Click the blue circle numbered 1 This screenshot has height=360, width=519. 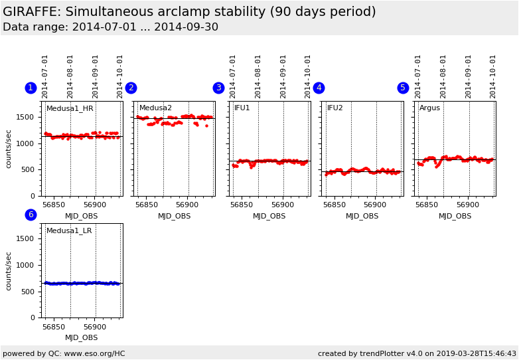tap(31, 88)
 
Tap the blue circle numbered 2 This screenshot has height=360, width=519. tap(131, 88)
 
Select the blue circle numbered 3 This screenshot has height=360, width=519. tap(218, 88)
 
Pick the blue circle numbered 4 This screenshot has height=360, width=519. tap(319, 88)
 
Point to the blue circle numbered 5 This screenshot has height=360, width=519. tap(403, 88)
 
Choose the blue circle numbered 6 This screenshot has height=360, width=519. tap(31, 215)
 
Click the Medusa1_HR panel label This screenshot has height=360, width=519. tap(70, 108)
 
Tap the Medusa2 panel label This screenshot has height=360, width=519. tap(155, 108)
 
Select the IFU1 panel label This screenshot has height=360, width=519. tap(242, 108)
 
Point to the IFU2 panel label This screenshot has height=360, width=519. tap(335, 108)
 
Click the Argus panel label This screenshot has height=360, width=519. tap(429, 108)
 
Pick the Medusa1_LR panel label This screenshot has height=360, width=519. tap(69, 231)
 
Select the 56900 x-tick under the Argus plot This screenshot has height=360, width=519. tap(468, 206)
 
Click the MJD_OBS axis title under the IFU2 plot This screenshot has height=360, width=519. tap(362, 217)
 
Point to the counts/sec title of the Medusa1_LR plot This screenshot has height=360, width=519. tap(9, 271)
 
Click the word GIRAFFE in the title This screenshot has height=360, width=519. tap(31, 12)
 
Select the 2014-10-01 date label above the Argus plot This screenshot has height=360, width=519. tap(493, 76)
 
